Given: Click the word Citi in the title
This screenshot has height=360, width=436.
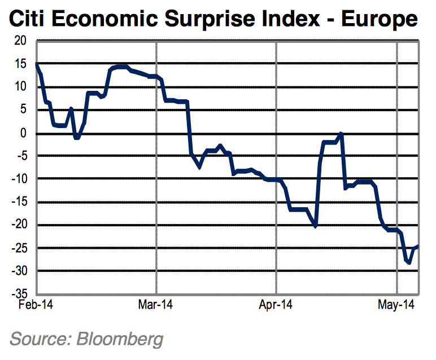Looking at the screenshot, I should click(x=30, y=20).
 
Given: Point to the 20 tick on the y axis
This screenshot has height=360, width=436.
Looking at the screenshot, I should click(x=21, y=41).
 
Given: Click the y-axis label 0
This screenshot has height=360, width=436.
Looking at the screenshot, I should click(x=24, y=133).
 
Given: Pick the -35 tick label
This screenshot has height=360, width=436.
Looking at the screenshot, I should click(x=19, y=294).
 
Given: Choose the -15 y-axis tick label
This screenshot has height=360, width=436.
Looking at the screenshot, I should click(x=19, y=202).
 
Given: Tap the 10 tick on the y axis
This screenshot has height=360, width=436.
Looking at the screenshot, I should click(x=21, y=87).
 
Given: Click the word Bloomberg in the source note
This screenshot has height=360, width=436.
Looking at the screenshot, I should click(x=119, y=339).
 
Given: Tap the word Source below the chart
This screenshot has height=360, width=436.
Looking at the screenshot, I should click(x=38, y=339).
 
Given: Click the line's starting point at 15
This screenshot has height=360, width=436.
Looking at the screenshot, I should click(x=37, y=64).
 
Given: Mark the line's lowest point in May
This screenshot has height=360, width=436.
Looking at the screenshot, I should click(x=408, y=262).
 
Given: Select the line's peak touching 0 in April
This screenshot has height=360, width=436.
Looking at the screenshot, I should click(x=341, y=134).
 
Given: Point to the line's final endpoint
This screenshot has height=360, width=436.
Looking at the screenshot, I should click(x=417, y=245).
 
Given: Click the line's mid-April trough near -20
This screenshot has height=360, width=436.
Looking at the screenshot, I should click(x=315, y=226).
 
